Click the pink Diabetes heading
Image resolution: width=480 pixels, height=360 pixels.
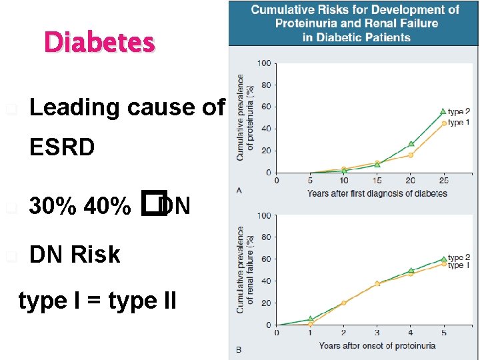tap(99, 43)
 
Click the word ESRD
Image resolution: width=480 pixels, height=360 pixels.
tap(62, 147)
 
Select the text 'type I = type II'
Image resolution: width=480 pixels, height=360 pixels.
tap(97, 301)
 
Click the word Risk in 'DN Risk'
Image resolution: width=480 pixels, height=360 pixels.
tap(95, 255)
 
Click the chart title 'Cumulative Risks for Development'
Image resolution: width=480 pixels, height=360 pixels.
tap(354, 10)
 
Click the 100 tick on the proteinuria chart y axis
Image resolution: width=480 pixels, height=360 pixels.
tap(264, 63)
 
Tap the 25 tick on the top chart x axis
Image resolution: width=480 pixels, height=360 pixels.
tap(444, 181)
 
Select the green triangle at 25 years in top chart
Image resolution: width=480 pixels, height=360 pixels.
tap(443, 111)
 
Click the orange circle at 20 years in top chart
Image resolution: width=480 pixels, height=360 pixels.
tap(411, 155)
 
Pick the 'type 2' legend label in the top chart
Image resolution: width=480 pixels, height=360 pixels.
tap(459, 112)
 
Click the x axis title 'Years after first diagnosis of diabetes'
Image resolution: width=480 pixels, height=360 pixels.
tap(377, 193)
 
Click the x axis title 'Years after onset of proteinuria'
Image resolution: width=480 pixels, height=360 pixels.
tap(377, 345)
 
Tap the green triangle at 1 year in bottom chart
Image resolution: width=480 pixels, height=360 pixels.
tap(310, 319)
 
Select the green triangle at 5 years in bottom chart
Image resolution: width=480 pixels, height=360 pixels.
tap(443, 259)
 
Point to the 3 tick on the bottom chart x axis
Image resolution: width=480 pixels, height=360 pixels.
tap(377, 333)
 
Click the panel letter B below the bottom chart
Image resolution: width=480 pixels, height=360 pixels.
tap(239, 349)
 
